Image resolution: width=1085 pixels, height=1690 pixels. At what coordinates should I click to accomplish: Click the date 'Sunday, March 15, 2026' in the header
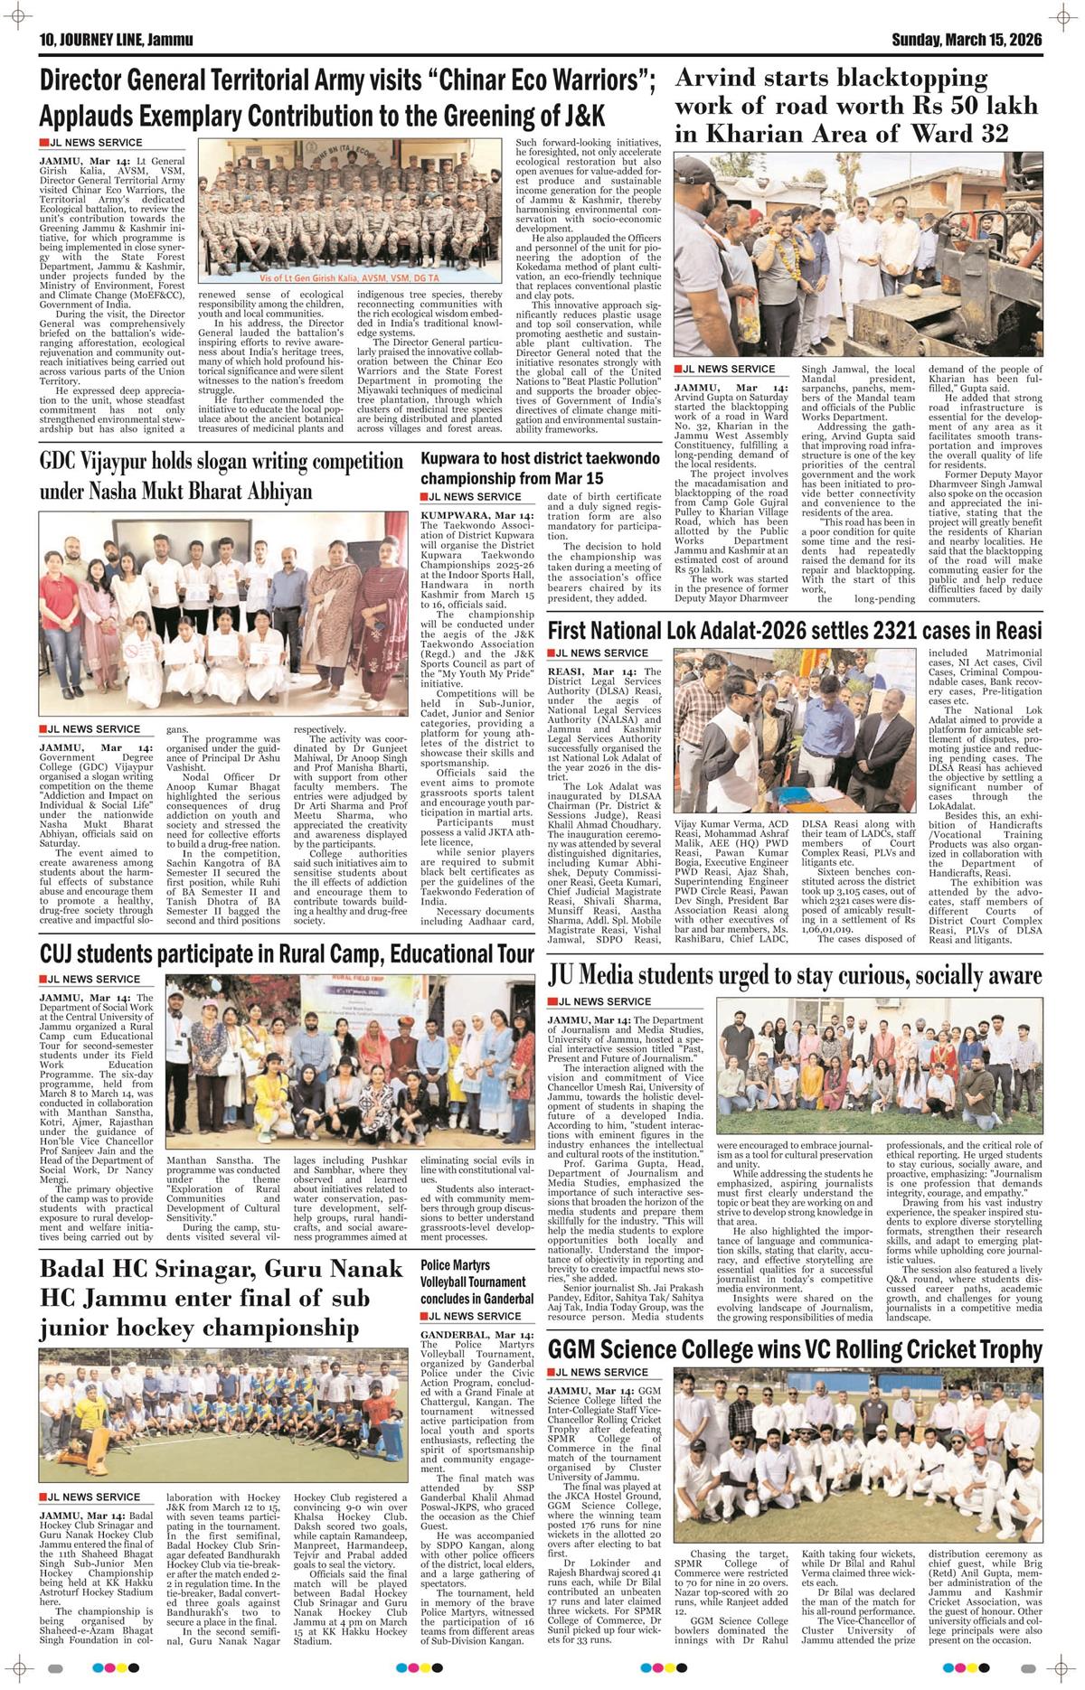click(x=967, y=40)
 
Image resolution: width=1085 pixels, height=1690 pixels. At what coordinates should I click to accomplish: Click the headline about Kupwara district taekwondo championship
click(x=540, y=468)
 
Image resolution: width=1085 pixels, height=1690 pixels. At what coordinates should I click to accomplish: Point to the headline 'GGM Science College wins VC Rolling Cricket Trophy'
click(x=795, y=1350)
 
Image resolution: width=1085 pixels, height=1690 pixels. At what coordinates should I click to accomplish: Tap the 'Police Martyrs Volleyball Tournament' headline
click(x=473, y=1282)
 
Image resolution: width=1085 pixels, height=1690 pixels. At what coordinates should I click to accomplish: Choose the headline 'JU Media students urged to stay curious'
click(x=795, y=975)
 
